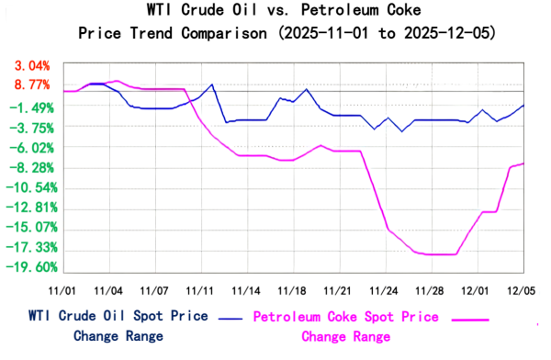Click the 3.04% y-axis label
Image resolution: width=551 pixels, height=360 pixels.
(x=31, y=66)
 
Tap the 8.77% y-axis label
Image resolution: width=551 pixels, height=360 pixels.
(x=31, y=84)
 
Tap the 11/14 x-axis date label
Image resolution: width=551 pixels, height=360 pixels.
(x=245, y=289)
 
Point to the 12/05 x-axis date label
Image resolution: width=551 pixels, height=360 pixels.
(x=521, y=289)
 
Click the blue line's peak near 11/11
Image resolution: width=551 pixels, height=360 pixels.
(x=212, y=84)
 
